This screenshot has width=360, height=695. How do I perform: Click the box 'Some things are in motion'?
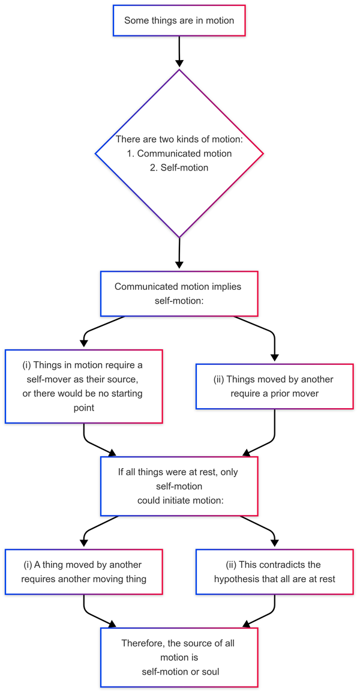click(x=179, y=20)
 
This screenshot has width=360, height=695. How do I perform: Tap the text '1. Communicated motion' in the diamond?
click(x=179, y=154)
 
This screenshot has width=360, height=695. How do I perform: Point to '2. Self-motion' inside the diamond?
click(x=179, y=167)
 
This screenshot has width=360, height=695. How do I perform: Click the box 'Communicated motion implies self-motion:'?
click(x=179, y=293)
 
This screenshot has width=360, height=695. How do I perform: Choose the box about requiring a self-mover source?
click(x=83, y=387)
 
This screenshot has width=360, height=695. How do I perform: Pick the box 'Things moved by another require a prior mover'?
click(x=274, y=387)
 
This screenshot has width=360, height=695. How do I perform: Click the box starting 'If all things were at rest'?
click(x=179, y=486)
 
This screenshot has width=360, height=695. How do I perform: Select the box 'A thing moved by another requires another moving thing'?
click(x=83, y=572)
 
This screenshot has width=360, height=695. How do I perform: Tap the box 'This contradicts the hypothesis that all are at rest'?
click(x=274, y=572)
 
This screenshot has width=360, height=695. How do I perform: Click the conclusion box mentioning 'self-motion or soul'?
click(x=179, y=657)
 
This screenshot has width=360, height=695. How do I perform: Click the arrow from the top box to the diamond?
click(x=179, y=53)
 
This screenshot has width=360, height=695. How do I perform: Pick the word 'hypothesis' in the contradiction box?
click(x=239, y=579)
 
